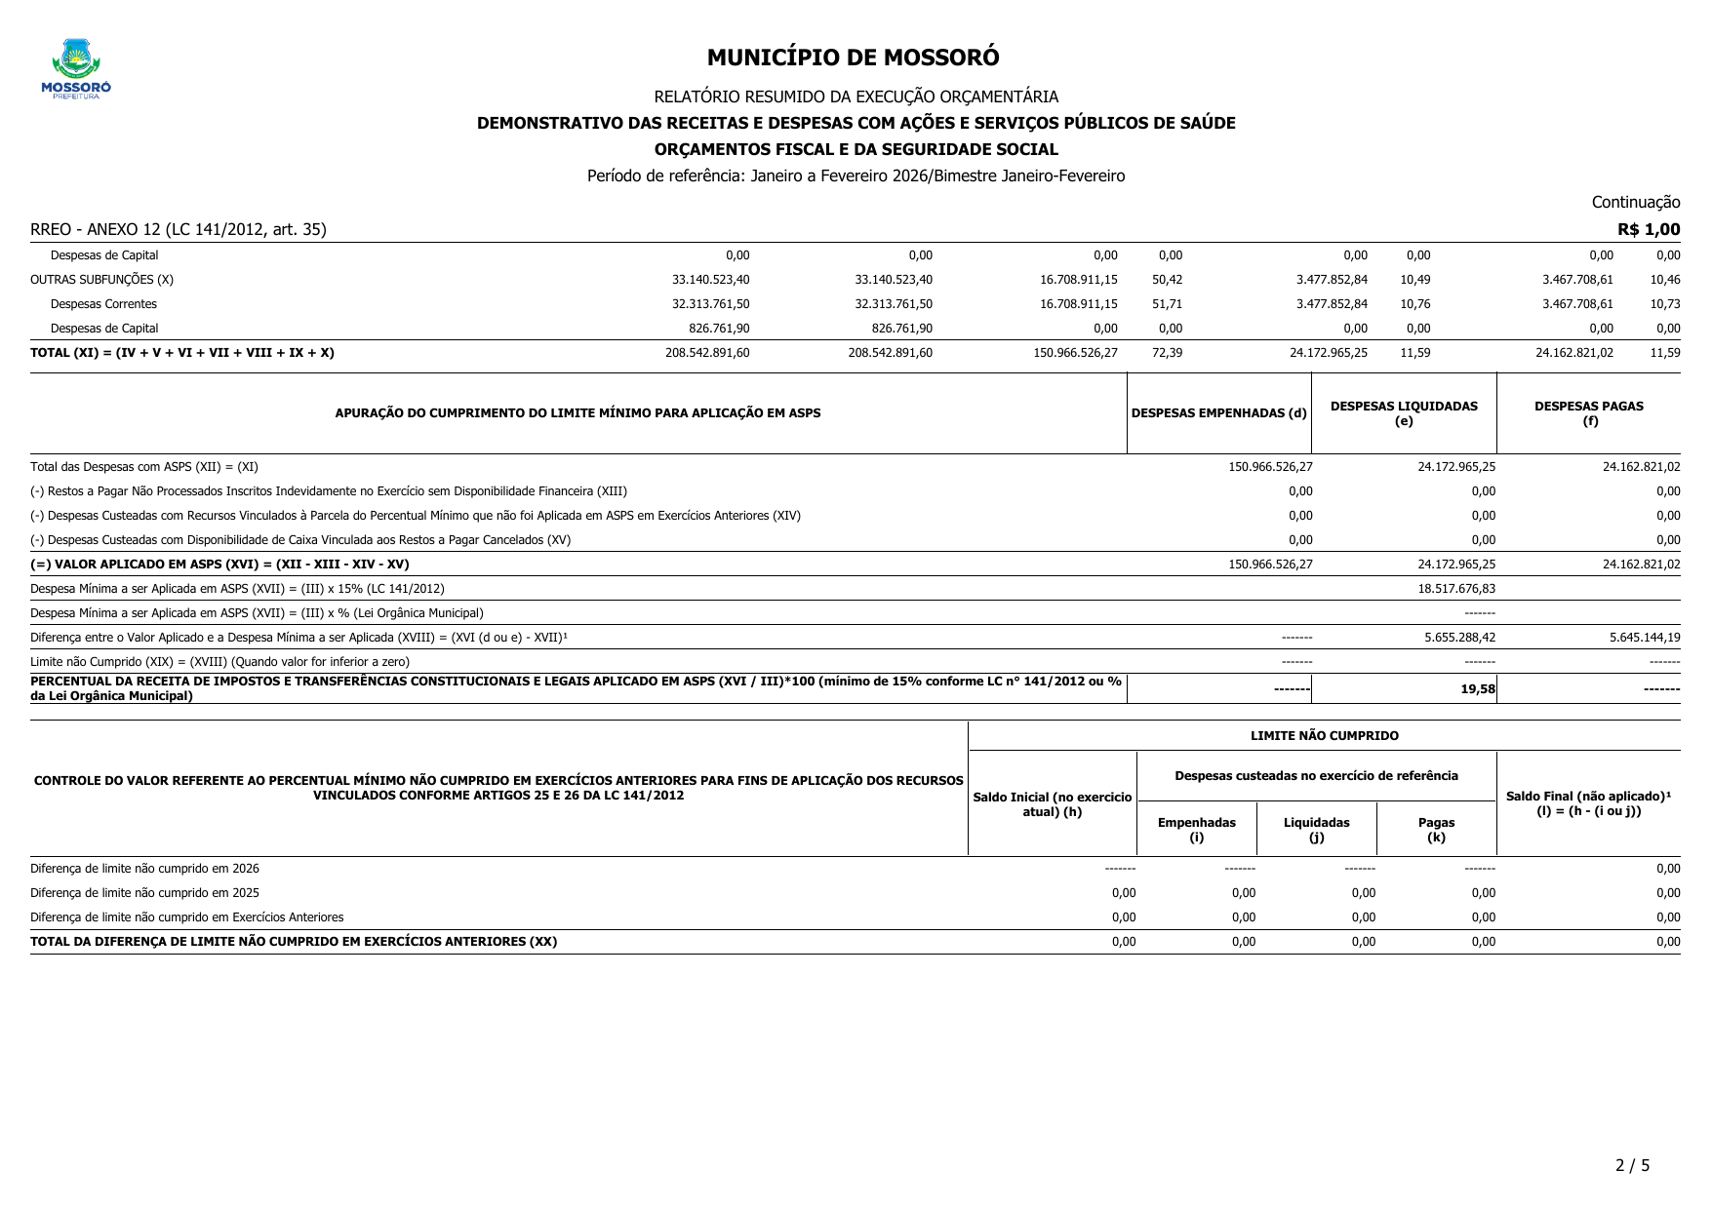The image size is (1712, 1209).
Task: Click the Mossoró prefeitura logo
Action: tap(76, 68)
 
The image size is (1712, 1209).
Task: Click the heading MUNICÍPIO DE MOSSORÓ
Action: tap(853, 58)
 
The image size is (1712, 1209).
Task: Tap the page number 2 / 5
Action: tap(1632, 1165)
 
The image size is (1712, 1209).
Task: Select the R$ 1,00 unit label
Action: tap(1649, 229)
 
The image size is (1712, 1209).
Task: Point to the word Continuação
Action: tap(1635, 202)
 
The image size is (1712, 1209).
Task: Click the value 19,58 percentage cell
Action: tap(1477, 688)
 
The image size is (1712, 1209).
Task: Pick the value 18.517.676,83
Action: tap(1455, 588)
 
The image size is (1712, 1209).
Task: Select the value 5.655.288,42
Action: tap(1459, 637)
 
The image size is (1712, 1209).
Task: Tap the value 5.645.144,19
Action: tap(1645, 637)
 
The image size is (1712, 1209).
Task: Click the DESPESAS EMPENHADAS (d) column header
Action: tap(1218, 412)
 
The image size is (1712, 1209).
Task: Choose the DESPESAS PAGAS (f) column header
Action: tap(1588, 412)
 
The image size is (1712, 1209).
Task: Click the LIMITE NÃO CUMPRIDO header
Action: tap(1324, 736)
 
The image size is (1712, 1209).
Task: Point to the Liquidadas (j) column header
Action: tap(1316, 829)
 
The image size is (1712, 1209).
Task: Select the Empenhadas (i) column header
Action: tap(1196, 829)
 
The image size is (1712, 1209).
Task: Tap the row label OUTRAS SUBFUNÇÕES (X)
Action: tap(101, 279)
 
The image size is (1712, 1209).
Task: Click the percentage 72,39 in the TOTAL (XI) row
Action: tap(1167, 352)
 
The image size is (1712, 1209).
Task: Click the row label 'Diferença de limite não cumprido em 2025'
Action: tap(144, 892)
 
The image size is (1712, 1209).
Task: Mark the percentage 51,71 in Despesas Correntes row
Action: tap(1167, 303)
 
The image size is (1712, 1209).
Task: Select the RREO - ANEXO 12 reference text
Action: tap(179, 229)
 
